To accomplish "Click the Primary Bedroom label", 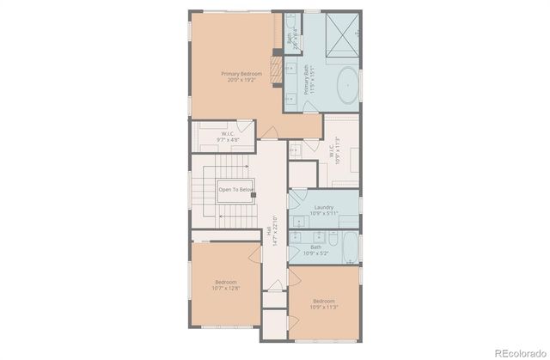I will [241, 77].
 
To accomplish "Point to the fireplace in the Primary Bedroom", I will [278, 66].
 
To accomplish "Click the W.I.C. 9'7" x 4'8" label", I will [229, 135].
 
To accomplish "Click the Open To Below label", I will [235, 189].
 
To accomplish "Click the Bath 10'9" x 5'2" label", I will [316, 250].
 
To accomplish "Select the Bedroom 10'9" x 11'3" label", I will [324, 303].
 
